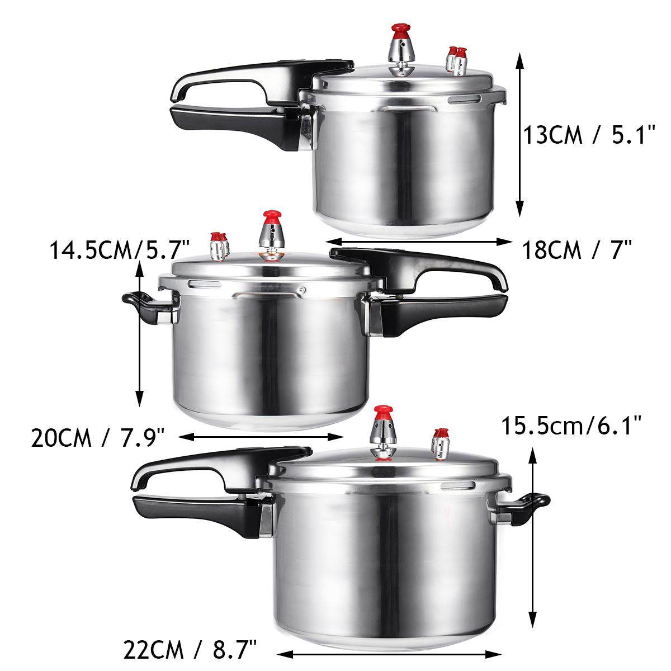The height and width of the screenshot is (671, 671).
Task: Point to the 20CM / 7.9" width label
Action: click(97, 437)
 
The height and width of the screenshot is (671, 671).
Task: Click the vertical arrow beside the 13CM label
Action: click(520, 134)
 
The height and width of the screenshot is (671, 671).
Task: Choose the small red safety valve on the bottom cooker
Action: click(441, 444)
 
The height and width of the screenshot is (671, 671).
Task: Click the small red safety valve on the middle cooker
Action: click(218, 247)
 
